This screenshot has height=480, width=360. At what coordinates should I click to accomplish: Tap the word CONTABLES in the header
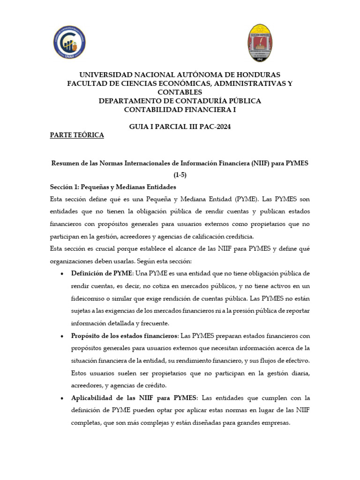pos(180,92)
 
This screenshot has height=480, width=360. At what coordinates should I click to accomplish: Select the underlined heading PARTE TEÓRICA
pos(77,135)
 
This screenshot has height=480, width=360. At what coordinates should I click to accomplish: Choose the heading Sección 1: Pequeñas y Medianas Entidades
pos(113,186)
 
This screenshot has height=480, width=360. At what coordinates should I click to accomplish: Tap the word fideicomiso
pos(89,298)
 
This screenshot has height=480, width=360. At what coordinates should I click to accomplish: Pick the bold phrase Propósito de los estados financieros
pos(124,336)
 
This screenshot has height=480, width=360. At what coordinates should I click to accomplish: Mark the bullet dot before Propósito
pos(63,337)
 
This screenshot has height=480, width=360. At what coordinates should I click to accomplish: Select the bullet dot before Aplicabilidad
pos(63,398)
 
